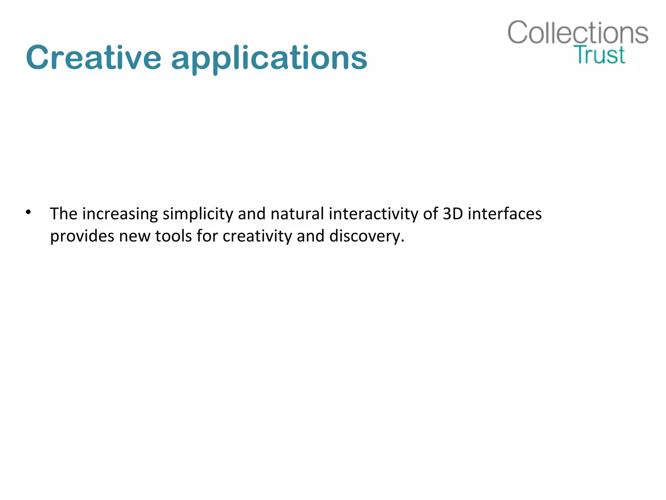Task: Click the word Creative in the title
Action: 94,58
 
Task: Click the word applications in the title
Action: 269,59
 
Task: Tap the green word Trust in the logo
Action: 599,55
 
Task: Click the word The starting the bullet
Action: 63,214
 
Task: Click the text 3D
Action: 453,214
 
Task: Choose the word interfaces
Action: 505,214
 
